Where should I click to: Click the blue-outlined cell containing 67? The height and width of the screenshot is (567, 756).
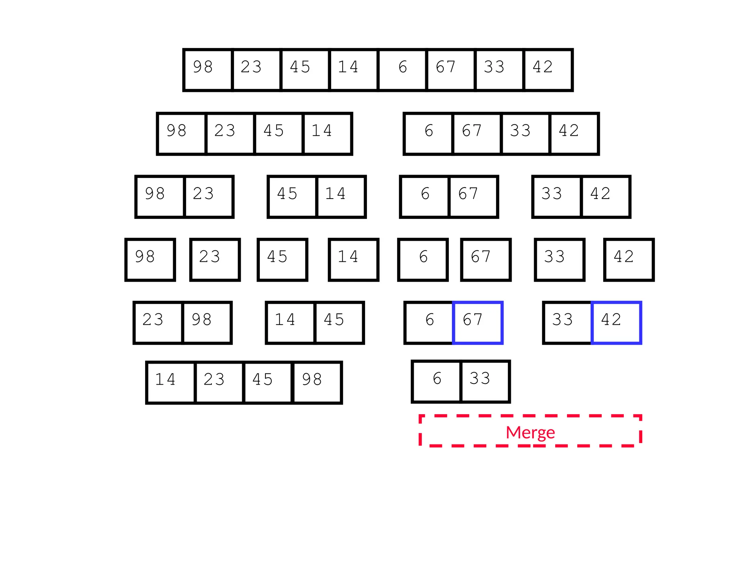pos(478,323)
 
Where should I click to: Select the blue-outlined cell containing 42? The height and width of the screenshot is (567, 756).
pos(616,323)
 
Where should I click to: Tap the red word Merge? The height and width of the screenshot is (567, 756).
pos(530,432)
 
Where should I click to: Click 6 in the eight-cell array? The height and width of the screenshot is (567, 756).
pos(402,70)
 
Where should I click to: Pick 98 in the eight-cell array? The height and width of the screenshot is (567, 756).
pos(208,70)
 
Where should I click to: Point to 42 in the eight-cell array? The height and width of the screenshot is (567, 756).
pos(548,70)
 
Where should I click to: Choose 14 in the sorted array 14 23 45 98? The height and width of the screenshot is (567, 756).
pos(171,382)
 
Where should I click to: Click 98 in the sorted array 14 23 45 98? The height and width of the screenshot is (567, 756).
pos(317,382)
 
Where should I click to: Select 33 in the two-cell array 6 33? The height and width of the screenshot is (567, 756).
pos(485,381)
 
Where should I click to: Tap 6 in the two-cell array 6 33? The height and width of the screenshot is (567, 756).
pos(437,381)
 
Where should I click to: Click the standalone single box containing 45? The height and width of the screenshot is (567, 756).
pos(282,260)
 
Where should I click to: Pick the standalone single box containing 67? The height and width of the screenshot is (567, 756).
pos(486,260)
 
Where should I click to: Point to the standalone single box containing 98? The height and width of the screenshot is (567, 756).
pos(150,260)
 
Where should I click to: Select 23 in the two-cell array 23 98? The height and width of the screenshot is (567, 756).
pos(158,323)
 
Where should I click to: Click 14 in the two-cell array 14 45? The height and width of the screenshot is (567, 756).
pos(290,323)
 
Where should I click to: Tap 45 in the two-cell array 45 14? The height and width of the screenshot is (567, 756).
pos(292,197)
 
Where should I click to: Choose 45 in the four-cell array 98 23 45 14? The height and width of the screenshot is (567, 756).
pos(279,134)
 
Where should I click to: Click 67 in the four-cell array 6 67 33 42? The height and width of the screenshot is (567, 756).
pos(477,134)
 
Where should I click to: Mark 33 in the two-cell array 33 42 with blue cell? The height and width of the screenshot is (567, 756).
pos(567,323)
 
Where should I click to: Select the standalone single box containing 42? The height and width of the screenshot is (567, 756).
pos(629,260)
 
